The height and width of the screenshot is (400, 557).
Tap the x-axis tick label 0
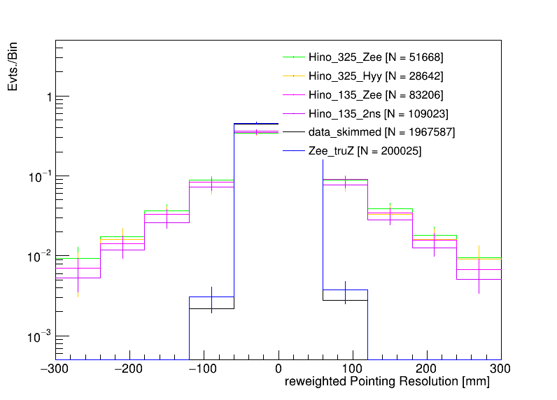click(x=278, y=369)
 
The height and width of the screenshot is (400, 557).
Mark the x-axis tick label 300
click(x=501, y=369)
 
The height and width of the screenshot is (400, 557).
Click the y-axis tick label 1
click(x=48, y=97)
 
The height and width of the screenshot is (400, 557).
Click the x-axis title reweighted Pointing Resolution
click(x=387, y=383)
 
